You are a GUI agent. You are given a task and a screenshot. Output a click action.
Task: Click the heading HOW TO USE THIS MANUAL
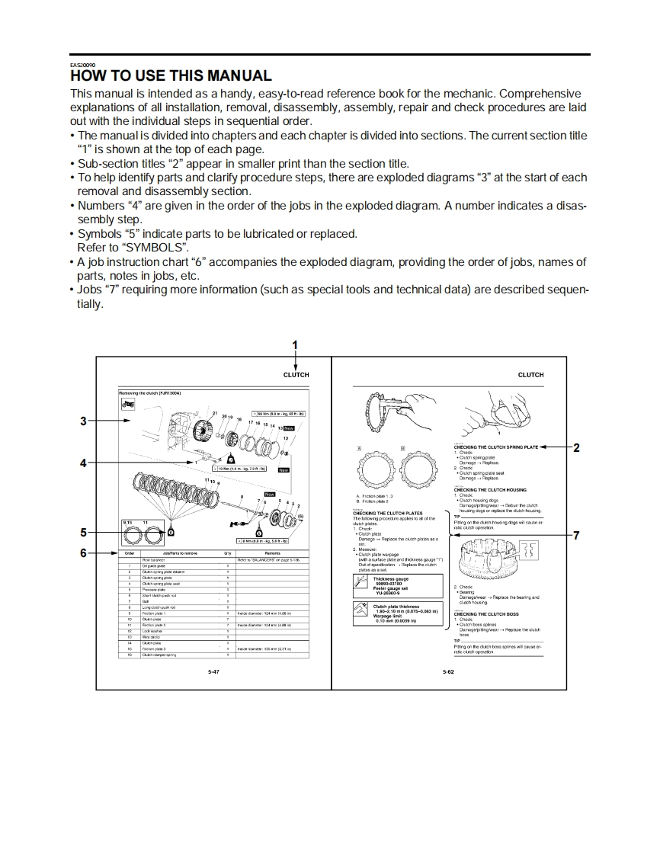[x=171, y=76]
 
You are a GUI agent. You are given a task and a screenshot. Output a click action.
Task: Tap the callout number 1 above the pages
[x=296, y=345]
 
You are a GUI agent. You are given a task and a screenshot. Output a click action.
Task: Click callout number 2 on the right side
[x=576, y=447]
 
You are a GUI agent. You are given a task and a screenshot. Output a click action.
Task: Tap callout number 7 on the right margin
[x=576, y=534]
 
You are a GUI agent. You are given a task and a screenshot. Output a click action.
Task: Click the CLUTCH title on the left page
[x=296, y=375]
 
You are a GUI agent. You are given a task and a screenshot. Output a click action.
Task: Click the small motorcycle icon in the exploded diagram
[x=128, y=404]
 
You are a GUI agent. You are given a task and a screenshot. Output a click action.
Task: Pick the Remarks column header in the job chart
[x=272, y=553]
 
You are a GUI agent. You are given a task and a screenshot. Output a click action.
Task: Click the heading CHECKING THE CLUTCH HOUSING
[x=490, y=490]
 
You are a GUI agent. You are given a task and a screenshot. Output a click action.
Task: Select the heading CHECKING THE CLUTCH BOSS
[x=486, y=613]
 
